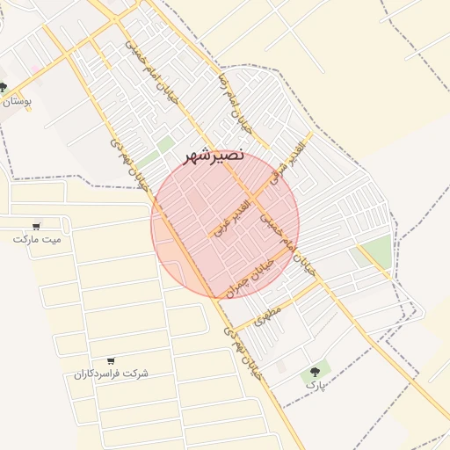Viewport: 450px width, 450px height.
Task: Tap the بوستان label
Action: coord(17,102)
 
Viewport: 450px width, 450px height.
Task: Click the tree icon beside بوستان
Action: coord(4,88)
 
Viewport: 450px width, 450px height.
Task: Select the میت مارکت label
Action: coord(38,238)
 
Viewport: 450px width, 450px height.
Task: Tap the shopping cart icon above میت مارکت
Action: coord(36,225)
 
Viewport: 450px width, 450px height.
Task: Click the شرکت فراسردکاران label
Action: coord(111,374)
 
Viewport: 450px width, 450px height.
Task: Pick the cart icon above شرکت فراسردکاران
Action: coord(111,360)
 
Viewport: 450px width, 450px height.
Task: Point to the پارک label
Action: coord(315,385)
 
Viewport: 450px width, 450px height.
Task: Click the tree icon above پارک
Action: coord(315,372)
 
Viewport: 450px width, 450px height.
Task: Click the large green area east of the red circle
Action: coord(376,251)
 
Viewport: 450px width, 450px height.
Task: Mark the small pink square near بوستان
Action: coord(34,69)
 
